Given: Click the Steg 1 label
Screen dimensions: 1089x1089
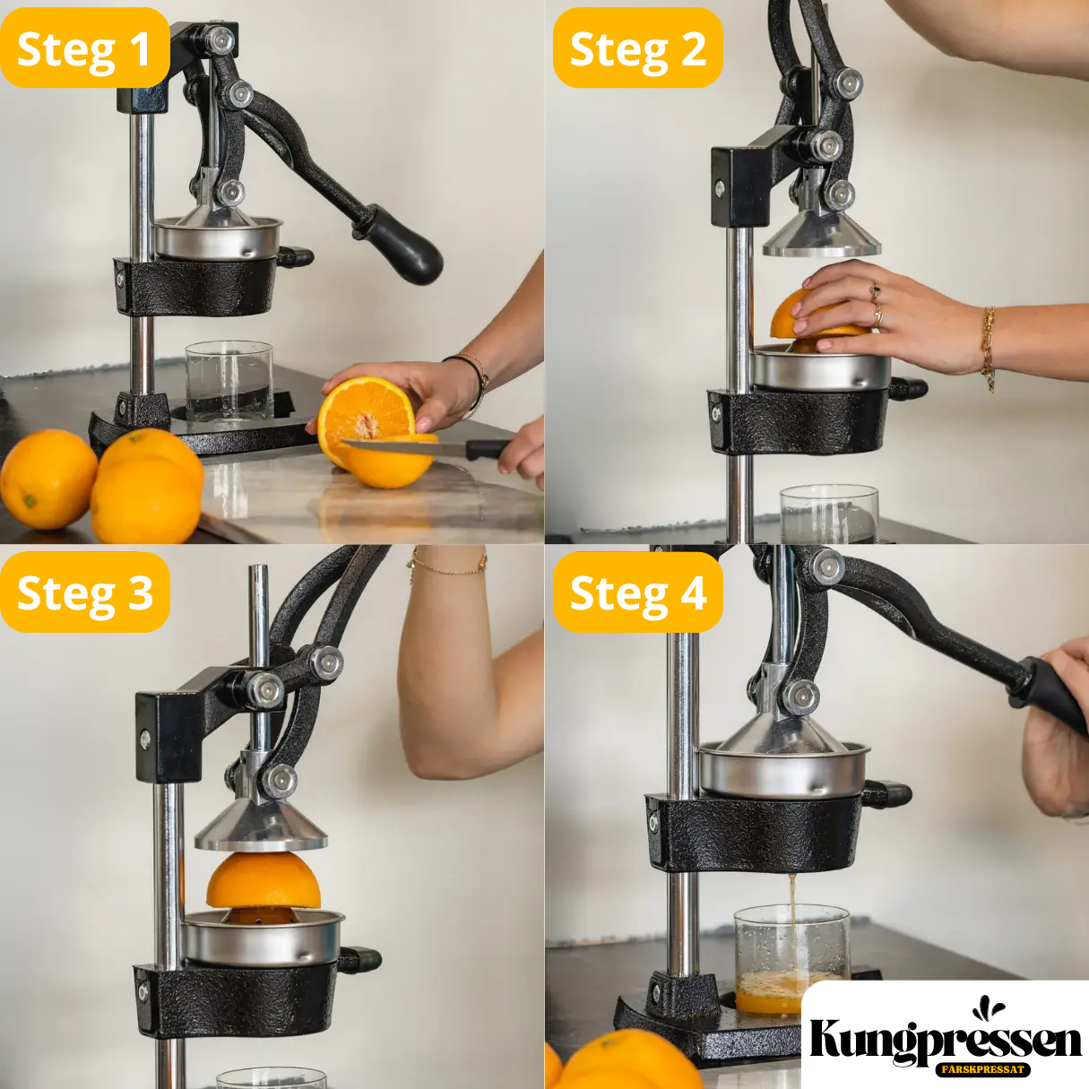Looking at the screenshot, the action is click(x=85, y=48).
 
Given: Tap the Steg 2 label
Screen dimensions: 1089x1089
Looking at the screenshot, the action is click(x=638, y=48).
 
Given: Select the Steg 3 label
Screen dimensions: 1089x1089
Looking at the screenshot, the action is click(x=85, y=592).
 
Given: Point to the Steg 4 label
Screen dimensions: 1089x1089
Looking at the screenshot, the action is click(x=638, y=592).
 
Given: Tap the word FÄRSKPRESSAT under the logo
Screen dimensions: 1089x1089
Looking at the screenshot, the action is click(x=983, y=1069).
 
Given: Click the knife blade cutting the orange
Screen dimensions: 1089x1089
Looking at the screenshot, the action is click(x=404, y=447).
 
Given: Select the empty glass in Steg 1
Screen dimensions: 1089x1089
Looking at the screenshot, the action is click(x=229, y=382).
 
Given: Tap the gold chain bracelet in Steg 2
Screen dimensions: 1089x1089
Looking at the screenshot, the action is click(x=988, y=348).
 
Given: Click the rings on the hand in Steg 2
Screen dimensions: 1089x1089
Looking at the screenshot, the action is click(x=876, y=305).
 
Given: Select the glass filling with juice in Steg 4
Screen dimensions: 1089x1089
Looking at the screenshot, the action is click(x=791, y=968).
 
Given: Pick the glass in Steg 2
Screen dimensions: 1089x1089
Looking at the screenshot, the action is click(x=829, y=514).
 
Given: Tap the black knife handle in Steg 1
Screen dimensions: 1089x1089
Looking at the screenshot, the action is click(x=488, y=449).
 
